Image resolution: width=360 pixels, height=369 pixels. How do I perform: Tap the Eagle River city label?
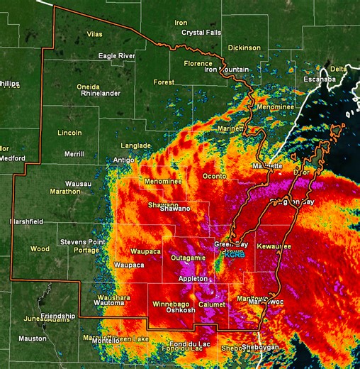(x=116, y=56)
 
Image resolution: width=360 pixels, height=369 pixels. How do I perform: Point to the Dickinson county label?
(x=244, y=48)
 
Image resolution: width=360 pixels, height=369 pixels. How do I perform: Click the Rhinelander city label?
(x=101, y=93)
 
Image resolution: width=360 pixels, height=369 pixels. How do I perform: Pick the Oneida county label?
(x=88, y=86)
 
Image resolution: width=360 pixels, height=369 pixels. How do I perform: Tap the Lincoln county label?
(x=69, y=133)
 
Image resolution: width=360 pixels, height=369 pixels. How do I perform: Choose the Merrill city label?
(x=74, y=154)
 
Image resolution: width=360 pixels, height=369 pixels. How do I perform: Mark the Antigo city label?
(x=123, y=160)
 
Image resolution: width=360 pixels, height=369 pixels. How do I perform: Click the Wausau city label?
(x=78, y=184)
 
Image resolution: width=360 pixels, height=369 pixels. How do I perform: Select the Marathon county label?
(x=65, y=192)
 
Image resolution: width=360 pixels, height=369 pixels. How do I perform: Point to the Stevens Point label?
(x=83, y=242)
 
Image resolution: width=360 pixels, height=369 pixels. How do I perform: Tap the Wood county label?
(x=40, y=249)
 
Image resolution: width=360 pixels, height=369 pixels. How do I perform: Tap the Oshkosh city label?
(x=180, y=311)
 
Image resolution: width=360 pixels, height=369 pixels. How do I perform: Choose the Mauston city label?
(x=32, y=338)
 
